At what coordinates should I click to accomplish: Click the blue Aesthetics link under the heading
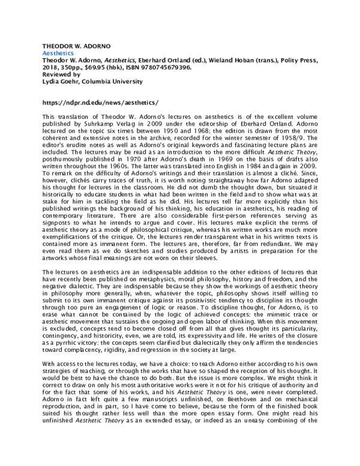click(x=56, y=53)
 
